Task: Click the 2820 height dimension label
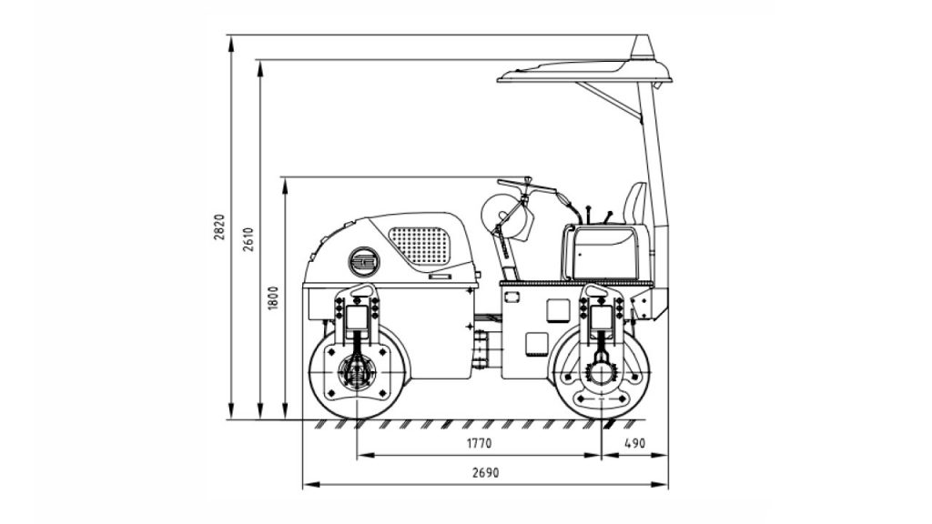[x=219, y=227]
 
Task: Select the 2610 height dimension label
[x=248, y=239]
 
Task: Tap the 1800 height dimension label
[x=273, y=297]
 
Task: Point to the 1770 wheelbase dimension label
[x=479, y=443]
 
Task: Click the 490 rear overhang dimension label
[x=634, y=443]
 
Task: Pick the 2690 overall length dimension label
[x=486, y=473]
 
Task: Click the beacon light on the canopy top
[x=643, y=47]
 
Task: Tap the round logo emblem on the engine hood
[x=364, y=261]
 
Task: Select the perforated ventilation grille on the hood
[x=420, y=246]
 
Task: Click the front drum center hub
[x=356, y=372]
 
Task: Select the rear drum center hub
[x=601, y=373]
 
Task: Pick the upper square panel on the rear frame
[x=558, y=310]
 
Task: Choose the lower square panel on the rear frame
[x=537, y=344]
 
